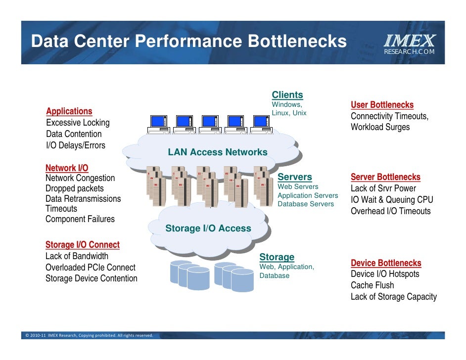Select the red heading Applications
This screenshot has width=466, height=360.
(x=69, y=111)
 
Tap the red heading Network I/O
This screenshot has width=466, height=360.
(x=67, y=168)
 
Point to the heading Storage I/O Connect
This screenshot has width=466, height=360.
(x=83, y=245)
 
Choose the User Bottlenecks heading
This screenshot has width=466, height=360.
(x=382, y=105)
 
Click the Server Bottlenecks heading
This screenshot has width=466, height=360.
(x=385, y=177)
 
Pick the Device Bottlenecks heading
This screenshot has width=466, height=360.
(x=386, y=263)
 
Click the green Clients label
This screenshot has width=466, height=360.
(x=287, y=95)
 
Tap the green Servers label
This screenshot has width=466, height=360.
(x=295, y=177)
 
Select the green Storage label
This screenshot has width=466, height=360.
(x=277, y=257)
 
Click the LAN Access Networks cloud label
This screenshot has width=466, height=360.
(x=218, y=152)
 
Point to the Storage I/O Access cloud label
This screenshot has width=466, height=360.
(x=208, y=228)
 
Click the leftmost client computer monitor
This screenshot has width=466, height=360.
(x=159, y=122)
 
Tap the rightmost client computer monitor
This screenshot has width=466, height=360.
(x=260, y=122)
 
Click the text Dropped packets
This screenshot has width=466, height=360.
(x=75, y=188)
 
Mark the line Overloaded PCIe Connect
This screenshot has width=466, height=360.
(x=91, y=268)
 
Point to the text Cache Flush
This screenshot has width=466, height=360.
(x=373, y=285)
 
